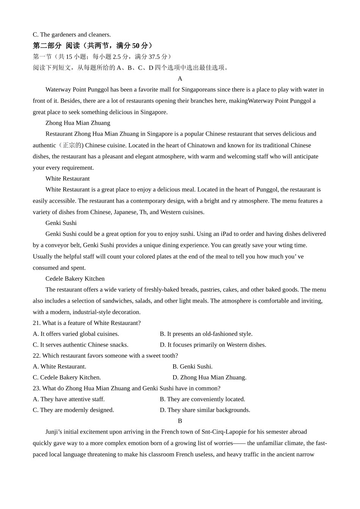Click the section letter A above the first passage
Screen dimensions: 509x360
pos(180,79)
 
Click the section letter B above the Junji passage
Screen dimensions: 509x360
pos(180,421)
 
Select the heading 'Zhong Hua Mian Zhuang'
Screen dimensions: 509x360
pos(78,123)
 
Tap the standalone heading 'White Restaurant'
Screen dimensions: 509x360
pos(67,179)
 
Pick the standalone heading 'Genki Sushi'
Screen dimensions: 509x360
pos(61,223)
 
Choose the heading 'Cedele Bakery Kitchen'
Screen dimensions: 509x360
pos(75,279)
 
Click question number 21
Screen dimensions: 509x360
pos(37,323)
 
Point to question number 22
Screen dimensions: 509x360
pos(37,356)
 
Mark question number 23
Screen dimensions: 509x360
pos(37,389)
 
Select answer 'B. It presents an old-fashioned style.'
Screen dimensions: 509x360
pos(206,334)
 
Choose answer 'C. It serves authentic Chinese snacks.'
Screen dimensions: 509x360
pos(81,345)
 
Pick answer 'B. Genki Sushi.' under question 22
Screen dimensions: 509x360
pos(193,367)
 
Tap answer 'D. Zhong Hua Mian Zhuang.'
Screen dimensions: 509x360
pos(210,378)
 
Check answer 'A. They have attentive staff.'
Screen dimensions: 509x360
pos(69,399)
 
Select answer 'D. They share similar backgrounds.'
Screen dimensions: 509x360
pos(205,410)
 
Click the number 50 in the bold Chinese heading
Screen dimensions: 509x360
pos(136,46)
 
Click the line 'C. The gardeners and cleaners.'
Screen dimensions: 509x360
pos(72,35)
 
